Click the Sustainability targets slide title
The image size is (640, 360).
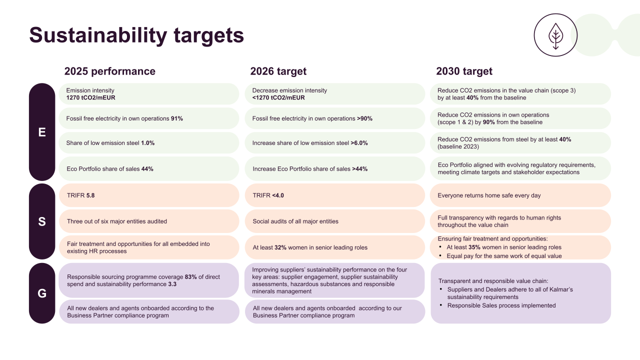(136, 35)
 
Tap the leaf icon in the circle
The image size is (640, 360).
(555, 35)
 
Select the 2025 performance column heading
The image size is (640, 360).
(109, 71)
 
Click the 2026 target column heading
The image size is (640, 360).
(278, 71)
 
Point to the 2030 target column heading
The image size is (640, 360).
(464, 71)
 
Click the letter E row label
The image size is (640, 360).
(42, 132)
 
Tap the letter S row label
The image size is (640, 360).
(42, 221)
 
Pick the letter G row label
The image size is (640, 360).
(42, 293)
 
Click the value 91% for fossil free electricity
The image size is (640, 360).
(176, 119)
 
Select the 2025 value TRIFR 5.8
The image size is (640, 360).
(80, 195)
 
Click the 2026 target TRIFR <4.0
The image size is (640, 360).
(268, 195)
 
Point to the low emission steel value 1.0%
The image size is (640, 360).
(147, 143)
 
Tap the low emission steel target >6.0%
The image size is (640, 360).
(359, 143)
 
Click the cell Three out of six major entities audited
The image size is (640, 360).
(117, 221)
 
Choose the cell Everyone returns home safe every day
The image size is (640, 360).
(489, 195)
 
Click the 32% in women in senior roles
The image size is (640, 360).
(280, 247)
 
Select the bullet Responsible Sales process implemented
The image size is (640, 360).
(501, 305)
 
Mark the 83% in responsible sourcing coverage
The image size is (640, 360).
(190, 277)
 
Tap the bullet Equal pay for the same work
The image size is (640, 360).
(504, 256)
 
